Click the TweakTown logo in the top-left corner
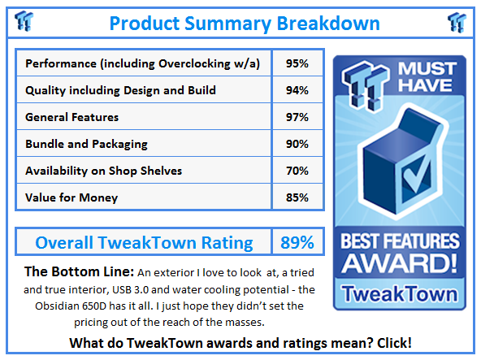[24, 22]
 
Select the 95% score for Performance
[297, 63]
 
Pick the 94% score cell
[297, 90]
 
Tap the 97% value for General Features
[297, 117]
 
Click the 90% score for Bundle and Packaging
[297, 144]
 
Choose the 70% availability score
[297, 171]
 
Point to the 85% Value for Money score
[297, 197]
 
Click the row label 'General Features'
[72, 117]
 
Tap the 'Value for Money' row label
[71, 197]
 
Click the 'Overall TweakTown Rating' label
[144, 242]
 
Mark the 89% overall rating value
[297, 242]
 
